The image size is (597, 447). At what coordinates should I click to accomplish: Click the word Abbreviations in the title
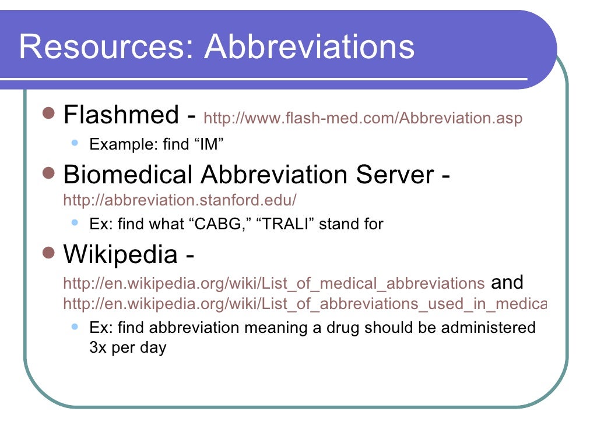point(310,47)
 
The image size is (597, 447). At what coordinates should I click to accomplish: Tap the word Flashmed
point(121,115)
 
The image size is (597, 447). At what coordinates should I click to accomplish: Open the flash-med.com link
point(363,118)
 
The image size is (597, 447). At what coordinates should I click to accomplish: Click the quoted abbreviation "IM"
point(209,144)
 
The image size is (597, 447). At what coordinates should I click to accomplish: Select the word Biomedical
point(128,175)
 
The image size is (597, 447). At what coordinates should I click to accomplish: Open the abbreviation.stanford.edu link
point(180,200)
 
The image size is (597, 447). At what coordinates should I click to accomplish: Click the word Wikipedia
point(120,254)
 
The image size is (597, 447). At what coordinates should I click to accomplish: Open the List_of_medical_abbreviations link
point(273,283)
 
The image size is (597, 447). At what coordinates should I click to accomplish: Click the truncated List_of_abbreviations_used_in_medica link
point(304,304)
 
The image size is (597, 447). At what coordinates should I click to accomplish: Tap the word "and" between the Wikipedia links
point(507,283)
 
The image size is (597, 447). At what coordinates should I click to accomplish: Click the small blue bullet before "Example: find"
point(74,142)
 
